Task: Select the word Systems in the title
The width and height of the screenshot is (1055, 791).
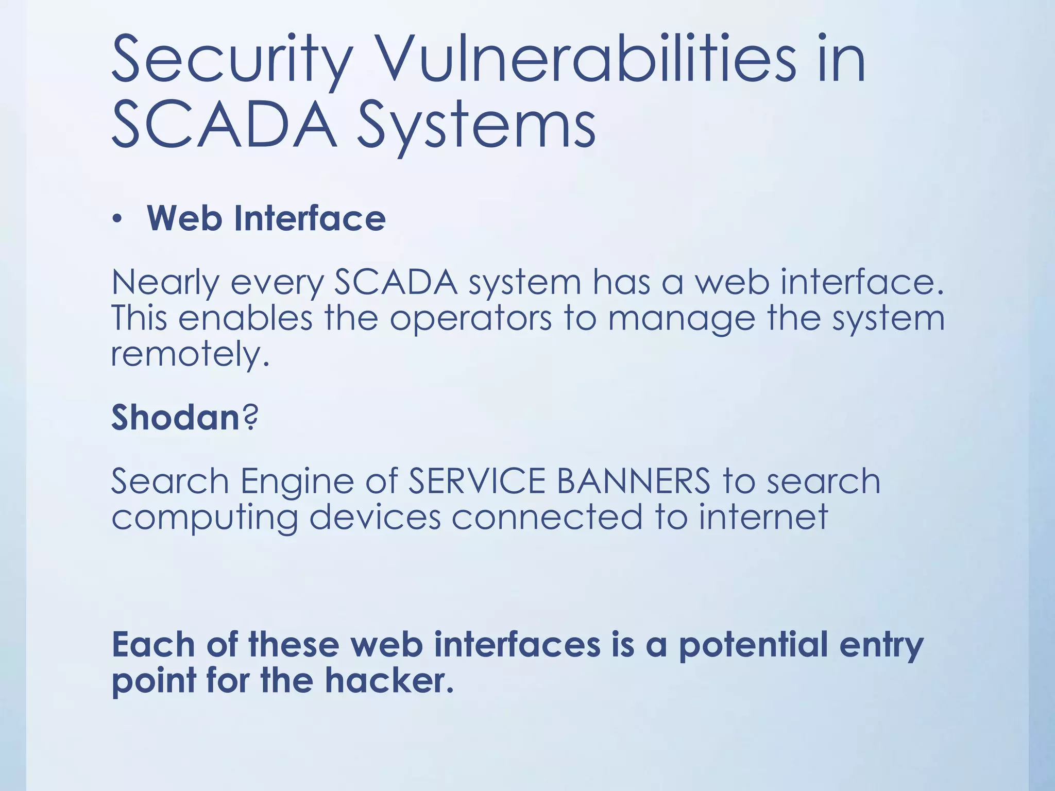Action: (477, 126)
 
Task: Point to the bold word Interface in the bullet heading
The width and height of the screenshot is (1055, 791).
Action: (309, 218)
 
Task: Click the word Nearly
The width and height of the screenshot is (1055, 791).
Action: (165, 283)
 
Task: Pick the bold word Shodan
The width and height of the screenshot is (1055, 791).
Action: (175, 417)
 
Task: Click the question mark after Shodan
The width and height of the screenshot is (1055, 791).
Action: (250, 417)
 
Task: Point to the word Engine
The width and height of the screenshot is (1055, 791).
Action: (297, 482)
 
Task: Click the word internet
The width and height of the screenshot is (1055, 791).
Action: (763, 517)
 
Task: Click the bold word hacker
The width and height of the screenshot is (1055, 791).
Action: (388, 681)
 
